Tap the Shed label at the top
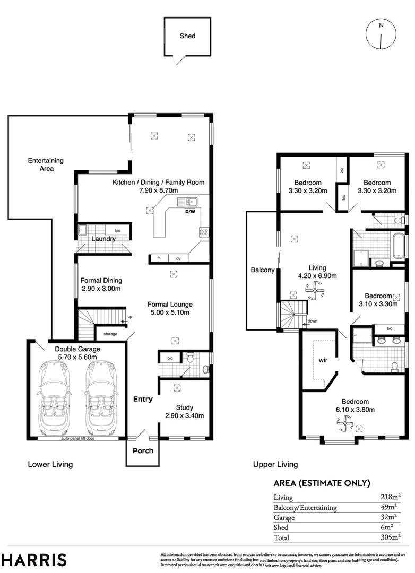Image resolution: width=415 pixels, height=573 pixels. pos(187,36)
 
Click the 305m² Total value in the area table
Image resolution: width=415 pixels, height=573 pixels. pos(390,537)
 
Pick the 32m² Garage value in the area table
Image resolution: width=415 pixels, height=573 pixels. pos(390,517)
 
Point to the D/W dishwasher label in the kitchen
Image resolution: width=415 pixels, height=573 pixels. pos(189,211)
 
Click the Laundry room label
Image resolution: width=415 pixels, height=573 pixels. pos(103,239)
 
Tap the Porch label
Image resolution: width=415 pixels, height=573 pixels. pos(143,451)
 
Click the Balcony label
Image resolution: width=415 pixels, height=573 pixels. pos(262,270)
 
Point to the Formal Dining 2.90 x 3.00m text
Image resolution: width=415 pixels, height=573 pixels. pos(101,285)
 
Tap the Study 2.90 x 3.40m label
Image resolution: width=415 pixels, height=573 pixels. pos(184,412)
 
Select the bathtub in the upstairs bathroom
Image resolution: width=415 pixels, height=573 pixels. pos(397,247)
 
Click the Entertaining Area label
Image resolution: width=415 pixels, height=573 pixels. pos(46,164)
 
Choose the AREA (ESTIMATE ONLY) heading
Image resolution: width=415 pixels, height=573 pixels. pos(322,483)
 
